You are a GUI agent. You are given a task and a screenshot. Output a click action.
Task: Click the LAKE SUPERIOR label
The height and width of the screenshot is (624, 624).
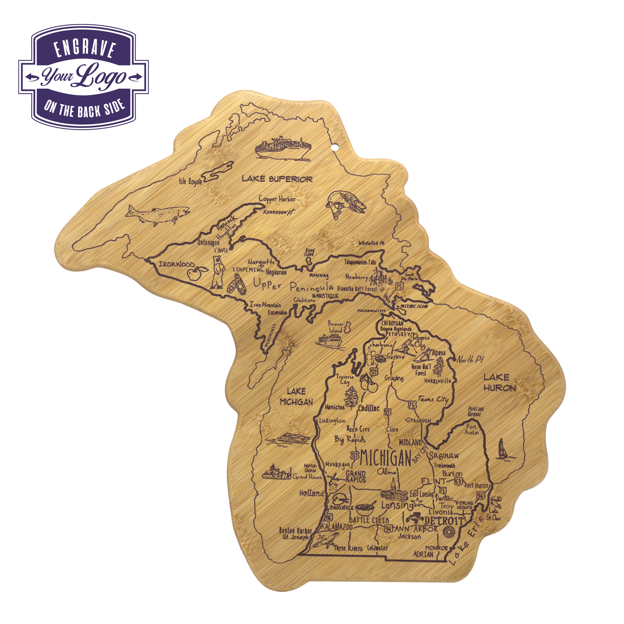(277, 179)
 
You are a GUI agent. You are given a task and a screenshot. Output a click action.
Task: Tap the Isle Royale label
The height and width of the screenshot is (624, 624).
(191, 182)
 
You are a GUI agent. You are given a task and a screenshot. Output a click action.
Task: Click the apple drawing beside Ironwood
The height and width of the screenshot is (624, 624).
(195, 274)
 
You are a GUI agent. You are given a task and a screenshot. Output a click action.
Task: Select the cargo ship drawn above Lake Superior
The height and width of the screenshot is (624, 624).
(283, 148)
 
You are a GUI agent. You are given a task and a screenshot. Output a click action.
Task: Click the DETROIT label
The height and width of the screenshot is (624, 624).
(445, 521)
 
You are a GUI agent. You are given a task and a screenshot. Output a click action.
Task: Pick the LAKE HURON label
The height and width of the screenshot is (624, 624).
(499, 383)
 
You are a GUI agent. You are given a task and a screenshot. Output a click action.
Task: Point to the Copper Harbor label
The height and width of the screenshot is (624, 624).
(277, 199)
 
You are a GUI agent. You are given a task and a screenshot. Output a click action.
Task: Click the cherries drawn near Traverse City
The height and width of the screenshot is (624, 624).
(368, 383)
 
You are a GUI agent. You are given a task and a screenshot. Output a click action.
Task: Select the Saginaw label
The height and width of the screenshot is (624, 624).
(444, 456)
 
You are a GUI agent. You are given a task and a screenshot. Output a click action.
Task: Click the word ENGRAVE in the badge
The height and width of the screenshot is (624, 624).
(85, 49)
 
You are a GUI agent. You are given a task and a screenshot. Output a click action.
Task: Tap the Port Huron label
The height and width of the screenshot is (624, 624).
(477, 485)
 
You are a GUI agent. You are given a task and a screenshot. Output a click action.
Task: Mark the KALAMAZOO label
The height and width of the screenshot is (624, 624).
(336, 527)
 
